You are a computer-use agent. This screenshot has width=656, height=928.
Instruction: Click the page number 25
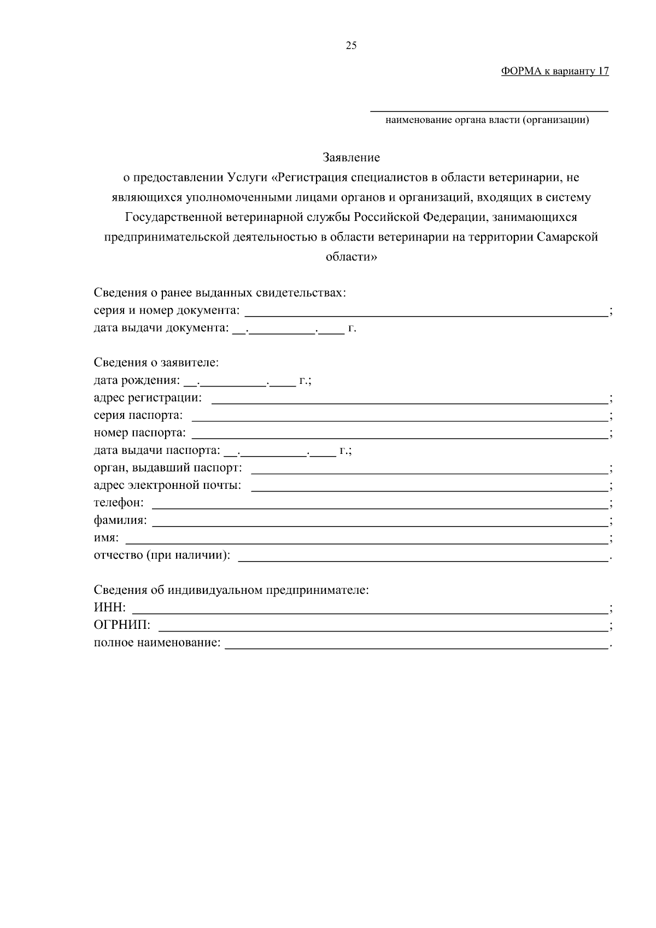pos(351,46)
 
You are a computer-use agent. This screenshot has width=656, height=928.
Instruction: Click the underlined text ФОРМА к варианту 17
pos(554,72)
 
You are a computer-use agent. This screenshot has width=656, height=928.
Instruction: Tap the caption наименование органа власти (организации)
pos(487,120)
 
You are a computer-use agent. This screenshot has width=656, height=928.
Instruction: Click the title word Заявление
pos(351,158)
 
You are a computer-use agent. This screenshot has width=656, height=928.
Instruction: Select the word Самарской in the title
pos(567,237)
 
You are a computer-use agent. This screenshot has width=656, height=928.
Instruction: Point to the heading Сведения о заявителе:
pos(156,363)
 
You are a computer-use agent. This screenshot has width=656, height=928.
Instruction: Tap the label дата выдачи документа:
pos(161,328)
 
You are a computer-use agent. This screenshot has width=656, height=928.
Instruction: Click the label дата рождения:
pos(137,381)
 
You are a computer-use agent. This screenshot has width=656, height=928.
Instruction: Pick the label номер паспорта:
pos(140,433)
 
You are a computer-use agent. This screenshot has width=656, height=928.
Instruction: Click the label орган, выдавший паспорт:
pos(168,468)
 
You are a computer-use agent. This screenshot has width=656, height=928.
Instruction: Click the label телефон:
pos(119,503)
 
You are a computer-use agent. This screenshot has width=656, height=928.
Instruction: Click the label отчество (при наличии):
pos(162,556)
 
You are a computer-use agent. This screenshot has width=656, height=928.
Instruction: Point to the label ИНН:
pos(110,608)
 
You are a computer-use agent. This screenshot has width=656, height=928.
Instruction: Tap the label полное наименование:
pos(157,643)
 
